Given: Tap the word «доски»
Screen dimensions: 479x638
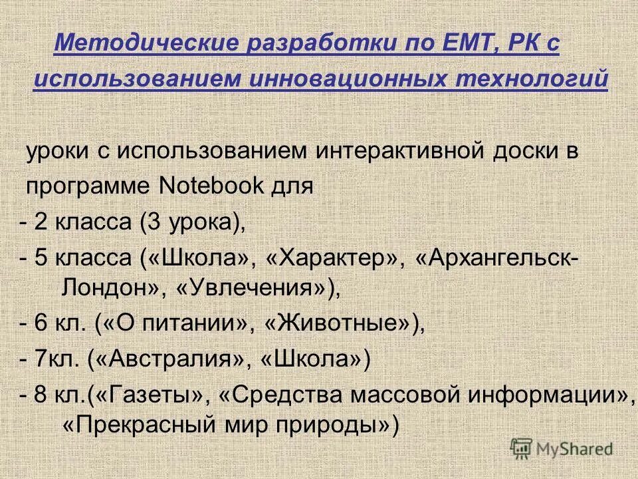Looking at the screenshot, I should tap(516, 150).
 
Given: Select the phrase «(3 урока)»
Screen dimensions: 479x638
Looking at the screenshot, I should tap(193, 222).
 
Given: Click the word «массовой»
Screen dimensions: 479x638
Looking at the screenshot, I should tap(398, 395).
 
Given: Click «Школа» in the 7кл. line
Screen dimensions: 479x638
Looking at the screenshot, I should tap(312, 359).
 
